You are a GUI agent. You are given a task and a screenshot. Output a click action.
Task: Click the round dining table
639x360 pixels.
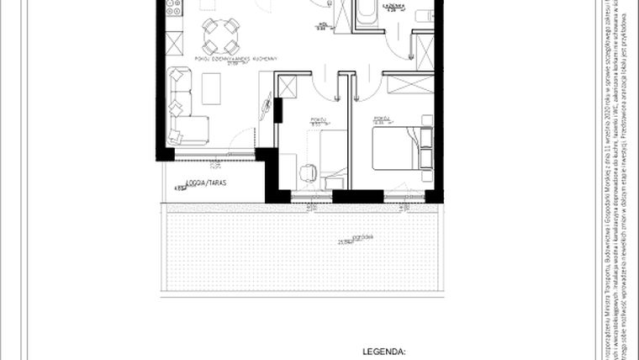221,37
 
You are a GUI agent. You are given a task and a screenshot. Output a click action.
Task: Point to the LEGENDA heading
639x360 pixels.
383,352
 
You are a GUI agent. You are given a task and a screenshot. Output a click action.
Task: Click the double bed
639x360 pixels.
400,148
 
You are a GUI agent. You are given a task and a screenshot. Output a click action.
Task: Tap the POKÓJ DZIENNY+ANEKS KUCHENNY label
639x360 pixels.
235,58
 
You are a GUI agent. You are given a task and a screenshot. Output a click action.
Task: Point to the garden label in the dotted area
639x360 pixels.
363,236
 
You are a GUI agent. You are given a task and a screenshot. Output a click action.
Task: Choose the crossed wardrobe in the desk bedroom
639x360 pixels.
287,87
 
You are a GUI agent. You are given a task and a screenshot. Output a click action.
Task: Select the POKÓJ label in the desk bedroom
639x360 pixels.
318,119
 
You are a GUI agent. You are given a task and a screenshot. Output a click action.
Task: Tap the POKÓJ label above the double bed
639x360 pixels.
382,119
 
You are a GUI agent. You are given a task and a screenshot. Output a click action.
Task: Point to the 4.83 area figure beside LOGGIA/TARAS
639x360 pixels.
179,189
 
